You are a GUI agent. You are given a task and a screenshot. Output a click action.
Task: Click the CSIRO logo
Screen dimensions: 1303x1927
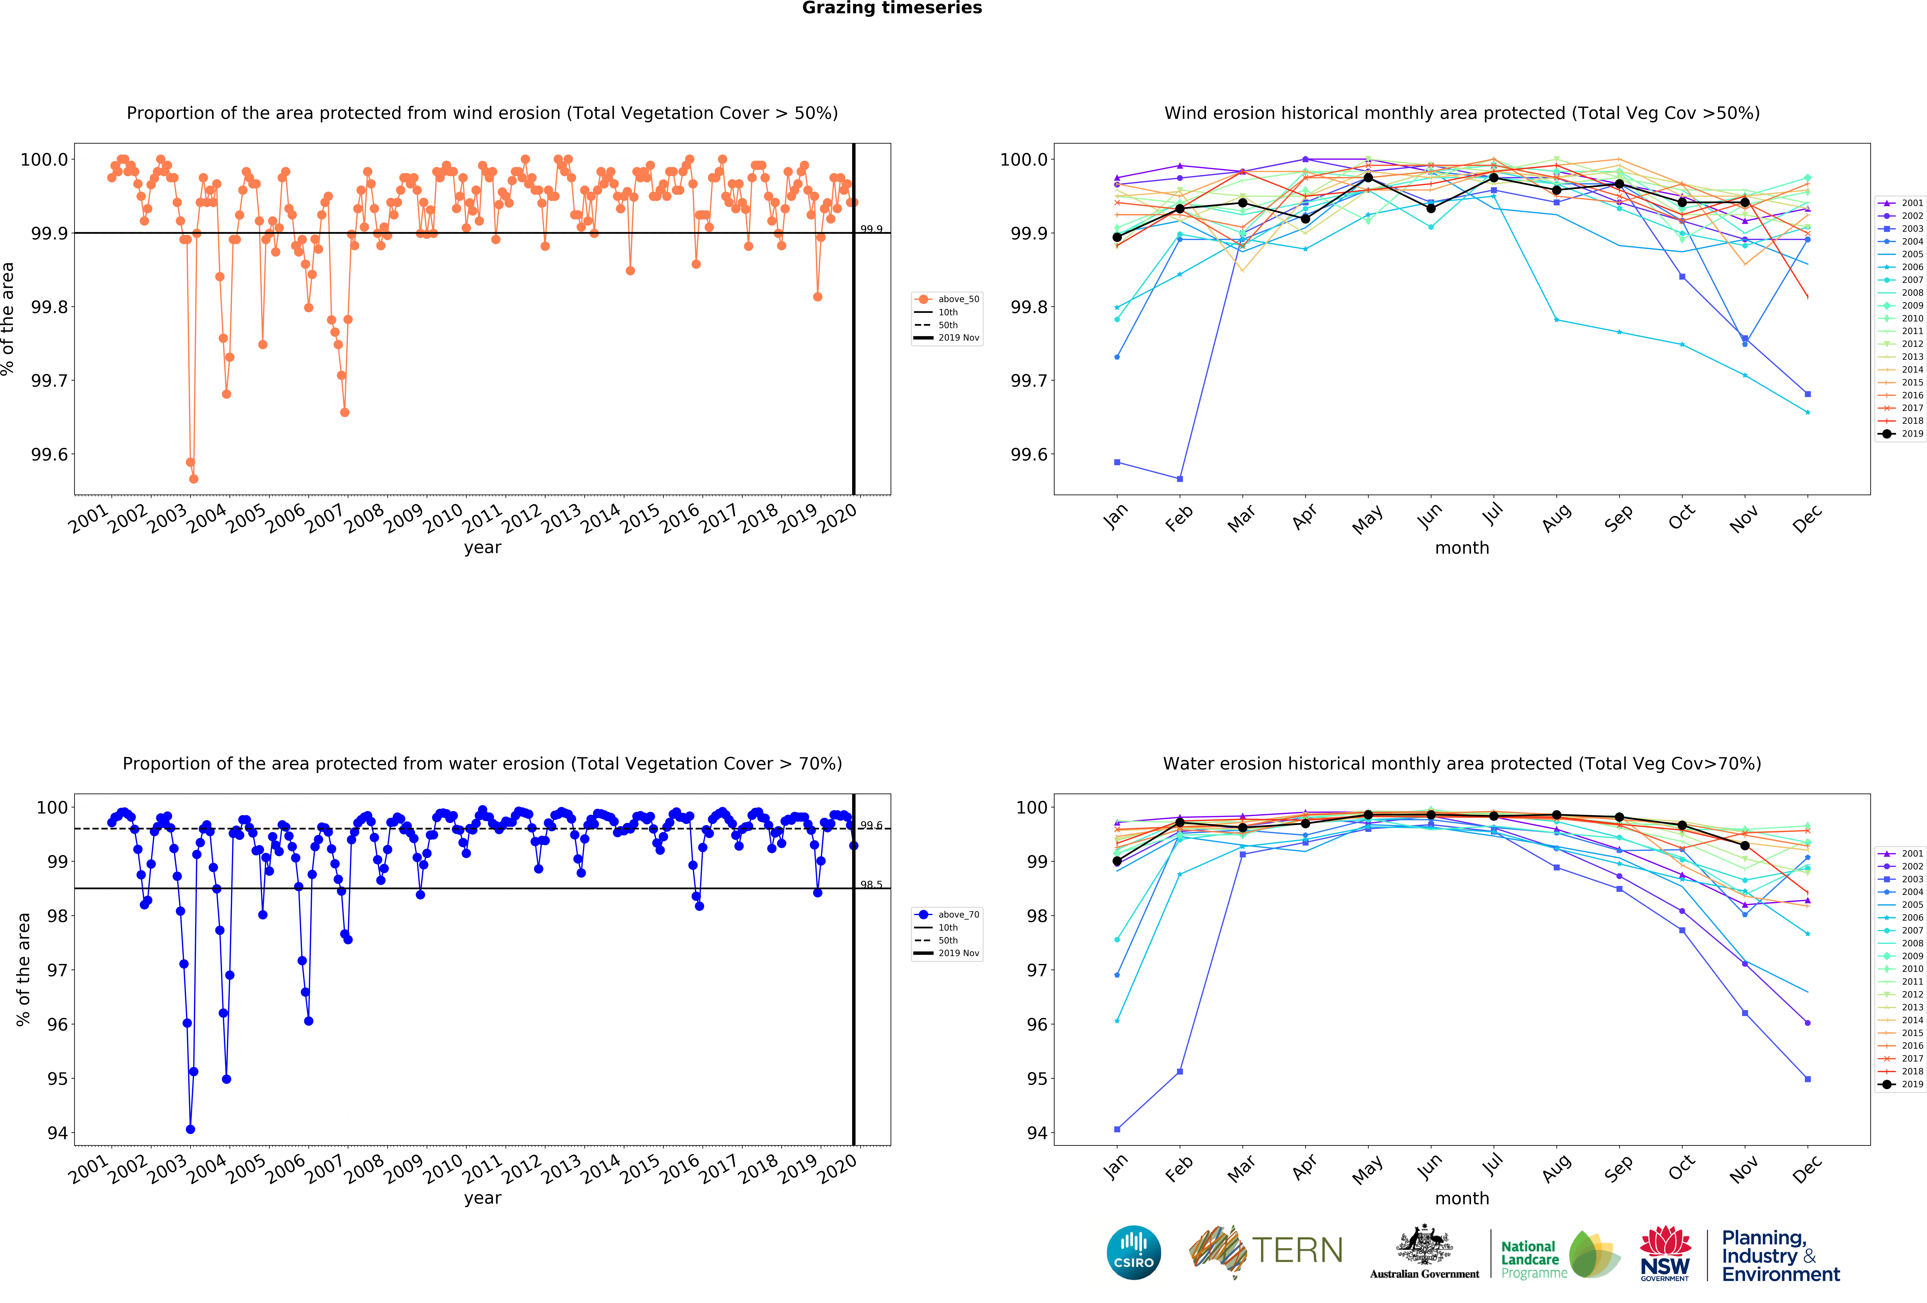(1133, 1252)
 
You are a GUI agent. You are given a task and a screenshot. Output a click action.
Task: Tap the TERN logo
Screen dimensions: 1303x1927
(1266, 1251)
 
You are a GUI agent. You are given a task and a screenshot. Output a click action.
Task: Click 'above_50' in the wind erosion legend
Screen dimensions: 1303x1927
(959, 299)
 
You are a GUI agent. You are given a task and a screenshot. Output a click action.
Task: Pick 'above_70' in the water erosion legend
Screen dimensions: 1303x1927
(959, 915)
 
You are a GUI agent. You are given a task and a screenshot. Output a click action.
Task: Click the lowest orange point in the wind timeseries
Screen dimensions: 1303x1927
(193, 479)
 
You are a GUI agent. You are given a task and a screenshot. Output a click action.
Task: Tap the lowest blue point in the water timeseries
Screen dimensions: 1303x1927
(191, 1129)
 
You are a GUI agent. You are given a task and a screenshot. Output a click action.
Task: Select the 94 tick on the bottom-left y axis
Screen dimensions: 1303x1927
(57, 1133)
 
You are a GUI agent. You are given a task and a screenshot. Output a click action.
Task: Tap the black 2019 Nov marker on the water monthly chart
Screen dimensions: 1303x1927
(1745, 845)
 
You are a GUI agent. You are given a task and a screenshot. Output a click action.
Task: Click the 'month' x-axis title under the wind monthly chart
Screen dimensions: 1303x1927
(1462, 548)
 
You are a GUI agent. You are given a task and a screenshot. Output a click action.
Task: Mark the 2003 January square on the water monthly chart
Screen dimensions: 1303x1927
(1117, 1129)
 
